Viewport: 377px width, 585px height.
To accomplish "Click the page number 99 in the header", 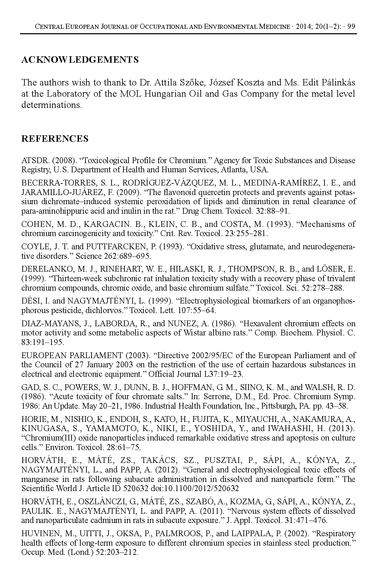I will [351, 26].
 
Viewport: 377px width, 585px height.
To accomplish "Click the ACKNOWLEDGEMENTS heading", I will [80, 60].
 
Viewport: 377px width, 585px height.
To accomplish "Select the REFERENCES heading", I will [55, 139].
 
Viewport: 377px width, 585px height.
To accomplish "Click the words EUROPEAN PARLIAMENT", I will [72, 355].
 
